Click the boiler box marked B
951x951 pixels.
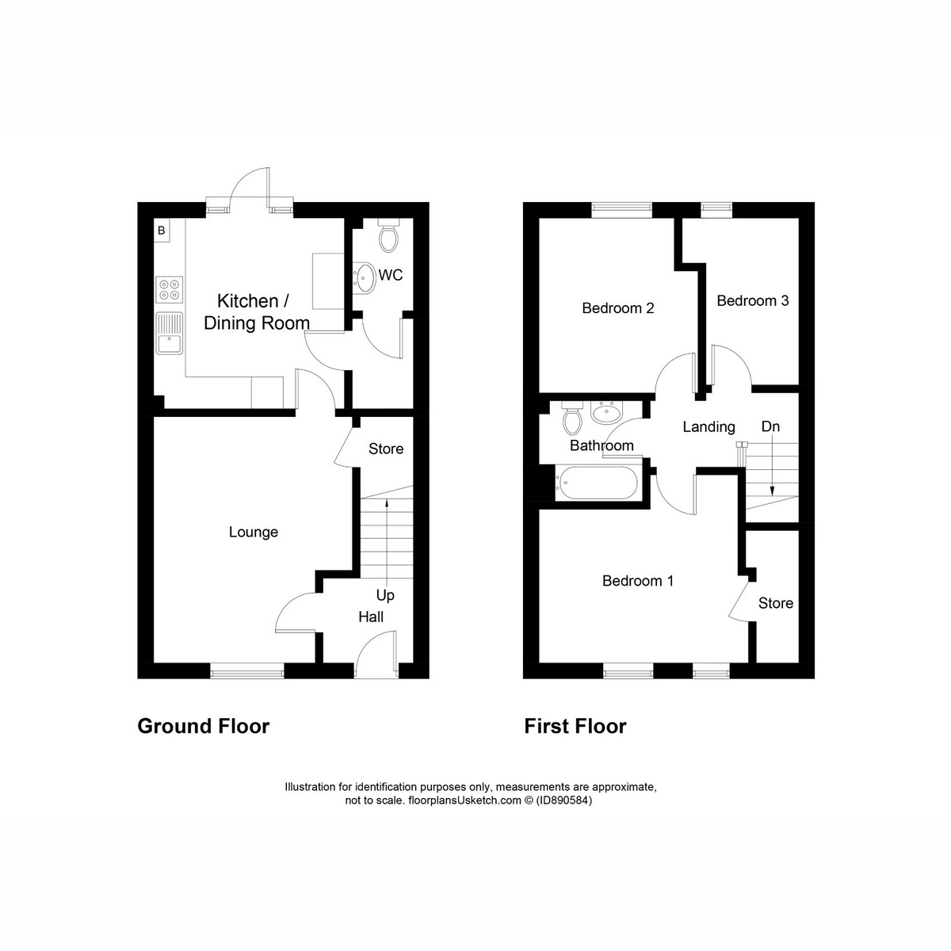[x=162, y=231]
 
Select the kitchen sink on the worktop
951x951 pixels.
[x=170, y=334]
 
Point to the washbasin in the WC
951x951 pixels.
[x=365, y=276]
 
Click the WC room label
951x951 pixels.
[x=391, y=276]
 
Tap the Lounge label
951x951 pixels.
[x=254, y=532]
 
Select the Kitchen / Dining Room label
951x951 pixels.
[x=256, y=312]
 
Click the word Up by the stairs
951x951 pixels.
[x=385, y=595]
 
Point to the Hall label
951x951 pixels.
[x=371, y=617]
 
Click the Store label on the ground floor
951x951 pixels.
[x=386, y=449]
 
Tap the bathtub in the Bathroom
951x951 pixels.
[x=596, y=483]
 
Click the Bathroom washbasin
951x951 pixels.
[x=609, y=412]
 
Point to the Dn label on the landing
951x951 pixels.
[x=770, y=426]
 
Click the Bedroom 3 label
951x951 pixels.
[x=752, y=300]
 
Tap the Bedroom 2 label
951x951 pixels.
[x=617, y=307]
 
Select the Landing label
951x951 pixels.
[x=708, y=427]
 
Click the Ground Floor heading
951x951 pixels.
[x=204, y=726]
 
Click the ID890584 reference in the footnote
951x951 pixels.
[x=563, y=800]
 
